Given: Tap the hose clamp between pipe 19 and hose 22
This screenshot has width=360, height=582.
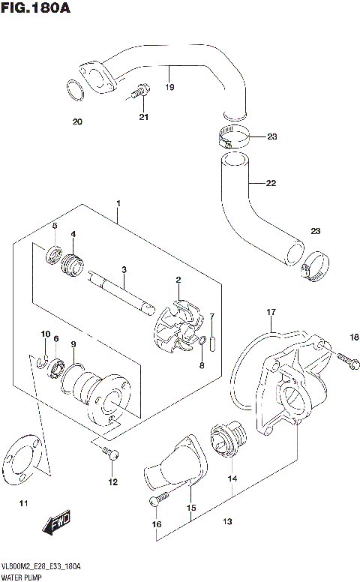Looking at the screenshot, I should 233,137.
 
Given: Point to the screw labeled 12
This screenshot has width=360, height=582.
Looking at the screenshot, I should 110,451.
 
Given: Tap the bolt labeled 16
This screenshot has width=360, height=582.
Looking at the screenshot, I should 159,501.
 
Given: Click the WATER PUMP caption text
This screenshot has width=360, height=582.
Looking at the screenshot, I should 22,577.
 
